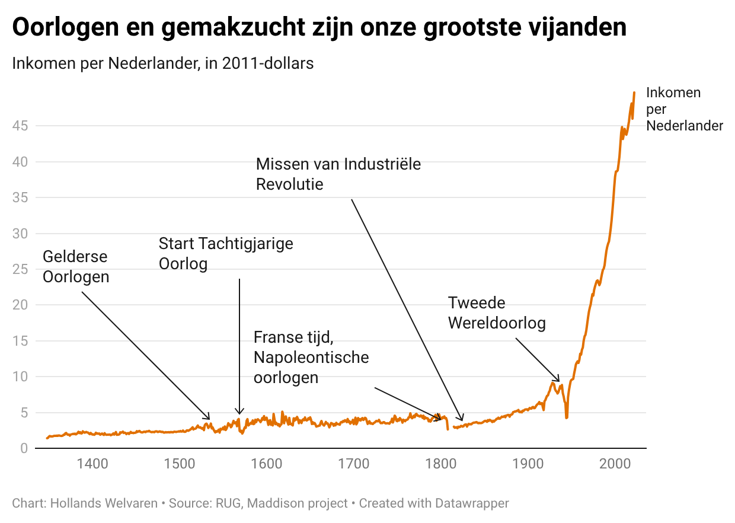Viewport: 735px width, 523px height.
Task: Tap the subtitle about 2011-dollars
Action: (163, 63)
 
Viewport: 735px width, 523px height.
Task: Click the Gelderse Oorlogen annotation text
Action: (76, 267)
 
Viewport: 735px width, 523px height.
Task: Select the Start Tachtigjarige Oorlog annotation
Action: (226, 253)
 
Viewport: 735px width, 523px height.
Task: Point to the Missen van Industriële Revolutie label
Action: (338, 174)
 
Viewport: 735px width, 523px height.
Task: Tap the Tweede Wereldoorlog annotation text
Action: (496, 313)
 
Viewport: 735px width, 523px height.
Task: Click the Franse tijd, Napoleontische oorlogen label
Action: (311, 358)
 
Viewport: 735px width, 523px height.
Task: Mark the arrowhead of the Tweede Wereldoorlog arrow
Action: (558, 381)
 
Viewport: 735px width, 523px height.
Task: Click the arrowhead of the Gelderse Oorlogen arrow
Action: (209, 418)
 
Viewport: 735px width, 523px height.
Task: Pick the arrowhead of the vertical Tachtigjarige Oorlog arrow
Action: (239, 413)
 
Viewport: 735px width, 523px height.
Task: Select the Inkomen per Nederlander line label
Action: (684, 109)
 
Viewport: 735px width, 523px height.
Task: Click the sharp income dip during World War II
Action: (567, 417)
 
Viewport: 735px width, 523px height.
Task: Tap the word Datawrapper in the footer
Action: (472, 503)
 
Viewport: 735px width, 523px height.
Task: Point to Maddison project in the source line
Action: (297, 503)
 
